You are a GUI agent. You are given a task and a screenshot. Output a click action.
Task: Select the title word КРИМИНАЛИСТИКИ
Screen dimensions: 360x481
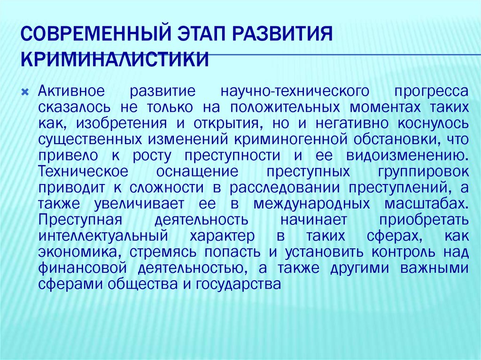pos(116,60)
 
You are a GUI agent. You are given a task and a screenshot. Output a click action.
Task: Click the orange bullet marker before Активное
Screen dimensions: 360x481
pos(27,91)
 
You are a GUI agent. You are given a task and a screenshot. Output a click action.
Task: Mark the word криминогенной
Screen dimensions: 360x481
pos(292,139)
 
